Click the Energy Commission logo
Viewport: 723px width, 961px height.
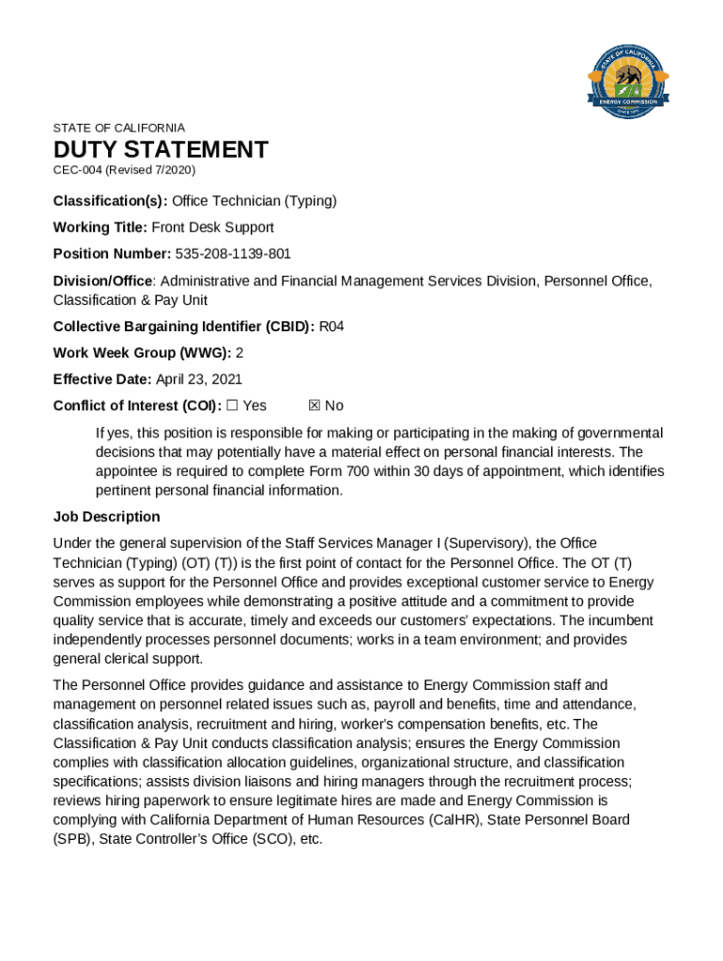[x=627, y=78]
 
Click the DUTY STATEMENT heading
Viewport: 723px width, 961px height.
[x=161, y=150]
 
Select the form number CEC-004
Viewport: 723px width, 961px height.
[x=77, y=170]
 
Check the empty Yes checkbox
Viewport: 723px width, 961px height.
[x=233, y=405]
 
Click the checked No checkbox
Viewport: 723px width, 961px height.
[x=315, y=405]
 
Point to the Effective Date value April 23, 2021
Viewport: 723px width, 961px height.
[x=198, y=379]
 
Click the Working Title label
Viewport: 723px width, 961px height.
[x=100, y=227]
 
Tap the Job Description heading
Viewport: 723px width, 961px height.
[x=106, y=517]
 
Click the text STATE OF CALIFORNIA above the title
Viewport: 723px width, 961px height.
[x=119, y=128]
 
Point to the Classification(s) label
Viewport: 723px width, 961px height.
[x=110, y=201]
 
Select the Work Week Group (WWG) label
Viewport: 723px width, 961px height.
[x=142, y=353]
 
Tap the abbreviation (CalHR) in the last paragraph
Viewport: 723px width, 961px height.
[x=461, y=820]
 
